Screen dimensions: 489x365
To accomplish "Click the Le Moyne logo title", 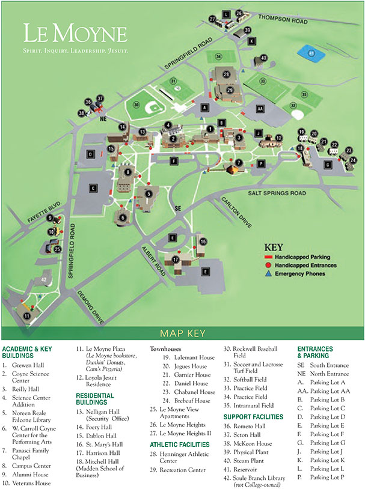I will pyautogui.click(x=75, y=34).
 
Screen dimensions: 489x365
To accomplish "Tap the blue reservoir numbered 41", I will pyautogui.click(x=310, y=53).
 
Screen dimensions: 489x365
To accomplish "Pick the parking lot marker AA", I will pyautogui.click(x=260, y=109).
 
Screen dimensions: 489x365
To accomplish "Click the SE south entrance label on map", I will pyautogui.click(x=177, y=208).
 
